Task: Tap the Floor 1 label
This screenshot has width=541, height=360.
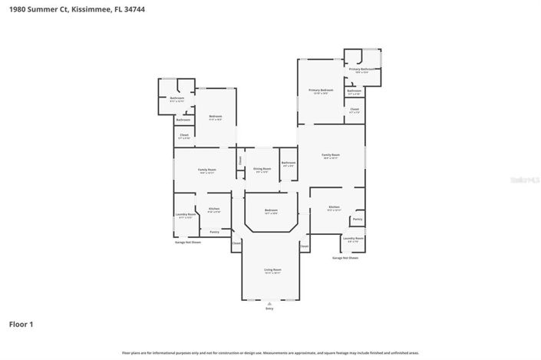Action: (21, 324)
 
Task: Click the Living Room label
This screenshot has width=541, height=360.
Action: (272, 269)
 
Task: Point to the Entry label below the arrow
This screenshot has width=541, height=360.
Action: (269, 309)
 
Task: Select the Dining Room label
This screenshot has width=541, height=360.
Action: (262, 169)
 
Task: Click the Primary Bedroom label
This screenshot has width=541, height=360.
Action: (319, 91)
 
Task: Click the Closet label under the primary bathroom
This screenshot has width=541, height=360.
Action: (354, 110)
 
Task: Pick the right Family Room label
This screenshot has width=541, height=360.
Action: (330, 156)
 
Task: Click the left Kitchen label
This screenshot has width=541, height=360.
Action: (214, 209)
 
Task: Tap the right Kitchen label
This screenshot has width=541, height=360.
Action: (334, 207)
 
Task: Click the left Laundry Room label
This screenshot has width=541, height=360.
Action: (184, 215)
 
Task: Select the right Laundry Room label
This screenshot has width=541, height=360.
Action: (353, 239)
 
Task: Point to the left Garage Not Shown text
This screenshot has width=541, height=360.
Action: (187, 242)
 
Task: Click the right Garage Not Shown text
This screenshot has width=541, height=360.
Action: (345, 258)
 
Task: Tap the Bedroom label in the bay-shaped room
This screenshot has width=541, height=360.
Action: (271, 210)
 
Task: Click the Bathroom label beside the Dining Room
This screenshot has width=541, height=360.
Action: (288, 163)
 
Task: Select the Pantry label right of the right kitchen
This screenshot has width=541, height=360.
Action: (358, 219)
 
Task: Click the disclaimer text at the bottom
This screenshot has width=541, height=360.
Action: (270, 352)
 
